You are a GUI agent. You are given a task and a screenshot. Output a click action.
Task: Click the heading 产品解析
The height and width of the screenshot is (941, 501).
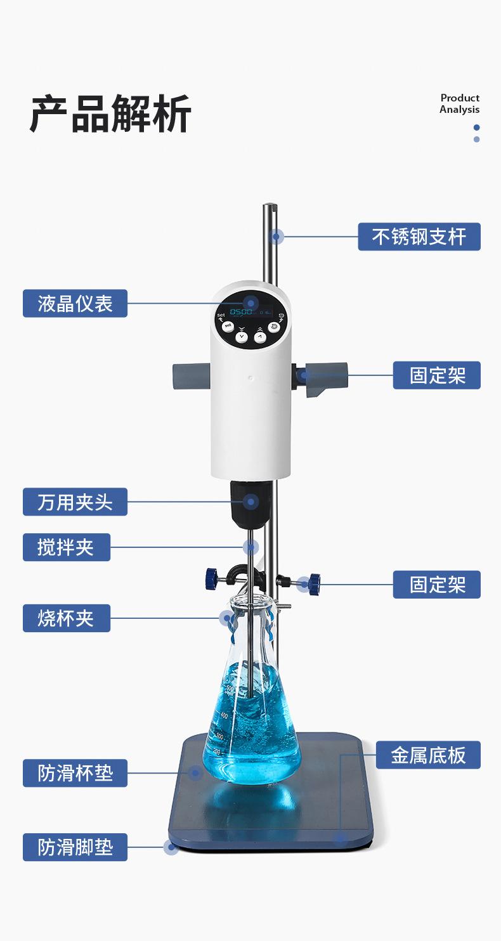click(110, 115)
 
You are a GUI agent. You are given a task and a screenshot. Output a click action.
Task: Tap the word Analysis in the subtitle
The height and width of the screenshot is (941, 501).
click(459, 110)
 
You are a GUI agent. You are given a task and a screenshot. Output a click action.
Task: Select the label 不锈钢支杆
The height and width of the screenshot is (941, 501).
click(419, 237)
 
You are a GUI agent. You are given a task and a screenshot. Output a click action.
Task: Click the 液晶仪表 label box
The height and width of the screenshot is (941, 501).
click(75, 303)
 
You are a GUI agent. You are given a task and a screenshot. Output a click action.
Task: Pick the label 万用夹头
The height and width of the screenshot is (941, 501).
click(75, 502)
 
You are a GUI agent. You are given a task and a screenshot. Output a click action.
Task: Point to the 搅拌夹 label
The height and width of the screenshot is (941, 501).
click(67, 547)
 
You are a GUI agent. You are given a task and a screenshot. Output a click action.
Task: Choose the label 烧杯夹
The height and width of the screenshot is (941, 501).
click(67, 618)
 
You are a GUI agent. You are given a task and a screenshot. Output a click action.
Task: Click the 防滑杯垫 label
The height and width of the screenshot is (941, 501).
click(75, 773)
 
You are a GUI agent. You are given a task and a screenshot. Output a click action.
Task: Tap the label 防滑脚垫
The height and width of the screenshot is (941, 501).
click(75, 847)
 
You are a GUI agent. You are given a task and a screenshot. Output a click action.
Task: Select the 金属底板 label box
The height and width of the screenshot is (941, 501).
click(428, 755)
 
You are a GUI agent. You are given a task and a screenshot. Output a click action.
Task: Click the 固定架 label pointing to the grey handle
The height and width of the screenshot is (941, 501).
click(437, 375)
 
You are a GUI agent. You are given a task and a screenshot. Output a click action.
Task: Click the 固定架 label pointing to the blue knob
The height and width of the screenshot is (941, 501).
click(437, 584)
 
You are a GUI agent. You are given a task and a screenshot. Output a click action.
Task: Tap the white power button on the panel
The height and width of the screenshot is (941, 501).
click(273, 327)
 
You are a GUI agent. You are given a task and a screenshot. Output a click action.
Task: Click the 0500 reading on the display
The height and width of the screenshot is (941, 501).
click(241, 312)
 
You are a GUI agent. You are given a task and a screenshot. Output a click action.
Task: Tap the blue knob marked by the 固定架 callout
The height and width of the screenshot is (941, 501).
click(313, 583)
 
